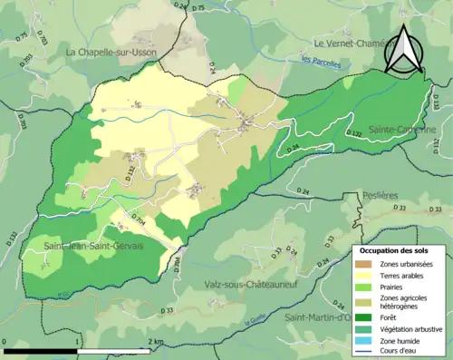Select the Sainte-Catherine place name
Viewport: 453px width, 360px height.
[402, 130]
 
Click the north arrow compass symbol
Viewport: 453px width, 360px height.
[404, 50]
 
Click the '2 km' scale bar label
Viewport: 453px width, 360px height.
[159, 342]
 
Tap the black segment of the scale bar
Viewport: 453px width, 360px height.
[42, 350]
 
